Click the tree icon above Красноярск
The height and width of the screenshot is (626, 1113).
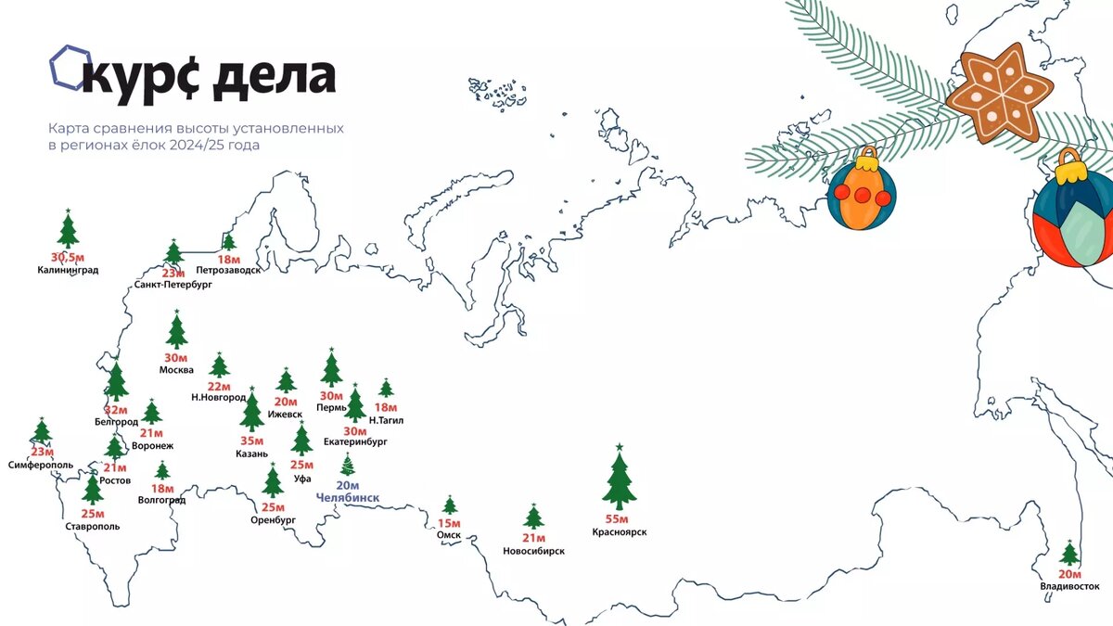coord(619,479)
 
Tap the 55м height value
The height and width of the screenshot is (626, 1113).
coord(618,519)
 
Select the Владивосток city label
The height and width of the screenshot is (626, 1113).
coord(1069,586)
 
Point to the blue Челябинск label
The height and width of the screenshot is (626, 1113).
coord(348,498)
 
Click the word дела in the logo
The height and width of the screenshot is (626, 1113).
coord(275,76)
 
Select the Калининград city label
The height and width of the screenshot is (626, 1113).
coord(68,271)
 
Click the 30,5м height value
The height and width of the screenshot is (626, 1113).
coord(68,257)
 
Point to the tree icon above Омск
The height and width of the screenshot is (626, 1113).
coord(450,505)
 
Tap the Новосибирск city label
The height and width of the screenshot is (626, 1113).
coord(533,551)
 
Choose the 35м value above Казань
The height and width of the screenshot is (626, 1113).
coord(251,441)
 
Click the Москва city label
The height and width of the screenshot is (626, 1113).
coord(176,370)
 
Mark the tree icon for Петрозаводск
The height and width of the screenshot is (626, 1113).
coord(228,242)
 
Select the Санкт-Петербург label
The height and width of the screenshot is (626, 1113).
coord(173,286)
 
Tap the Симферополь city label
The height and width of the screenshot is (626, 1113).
coord(42,464)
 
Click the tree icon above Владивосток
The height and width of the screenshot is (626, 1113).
coord(1069,554)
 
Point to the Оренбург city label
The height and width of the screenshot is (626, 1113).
coord(273,520)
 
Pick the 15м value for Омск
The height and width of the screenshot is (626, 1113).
coord(450,523)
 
